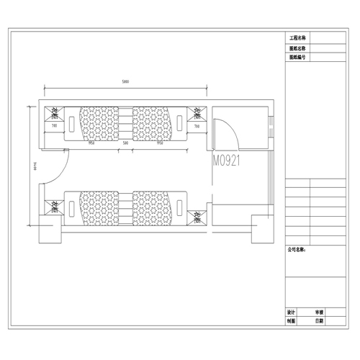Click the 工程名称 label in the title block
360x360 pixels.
(297, 37)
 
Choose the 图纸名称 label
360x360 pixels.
(297, 48)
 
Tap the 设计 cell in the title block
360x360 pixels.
(291, 313)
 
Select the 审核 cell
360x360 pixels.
(319, 313)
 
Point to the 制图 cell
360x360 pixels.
(291, 323)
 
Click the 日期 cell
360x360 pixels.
(319, 323)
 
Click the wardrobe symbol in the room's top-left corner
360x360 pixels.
(55, 112)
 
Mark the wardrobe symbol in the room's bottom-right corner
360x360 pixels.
(197, 215)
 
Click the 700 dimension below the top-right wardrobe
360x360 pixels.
(197, 126)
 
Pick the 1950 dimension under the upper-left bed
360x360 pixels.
(92, 143)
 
